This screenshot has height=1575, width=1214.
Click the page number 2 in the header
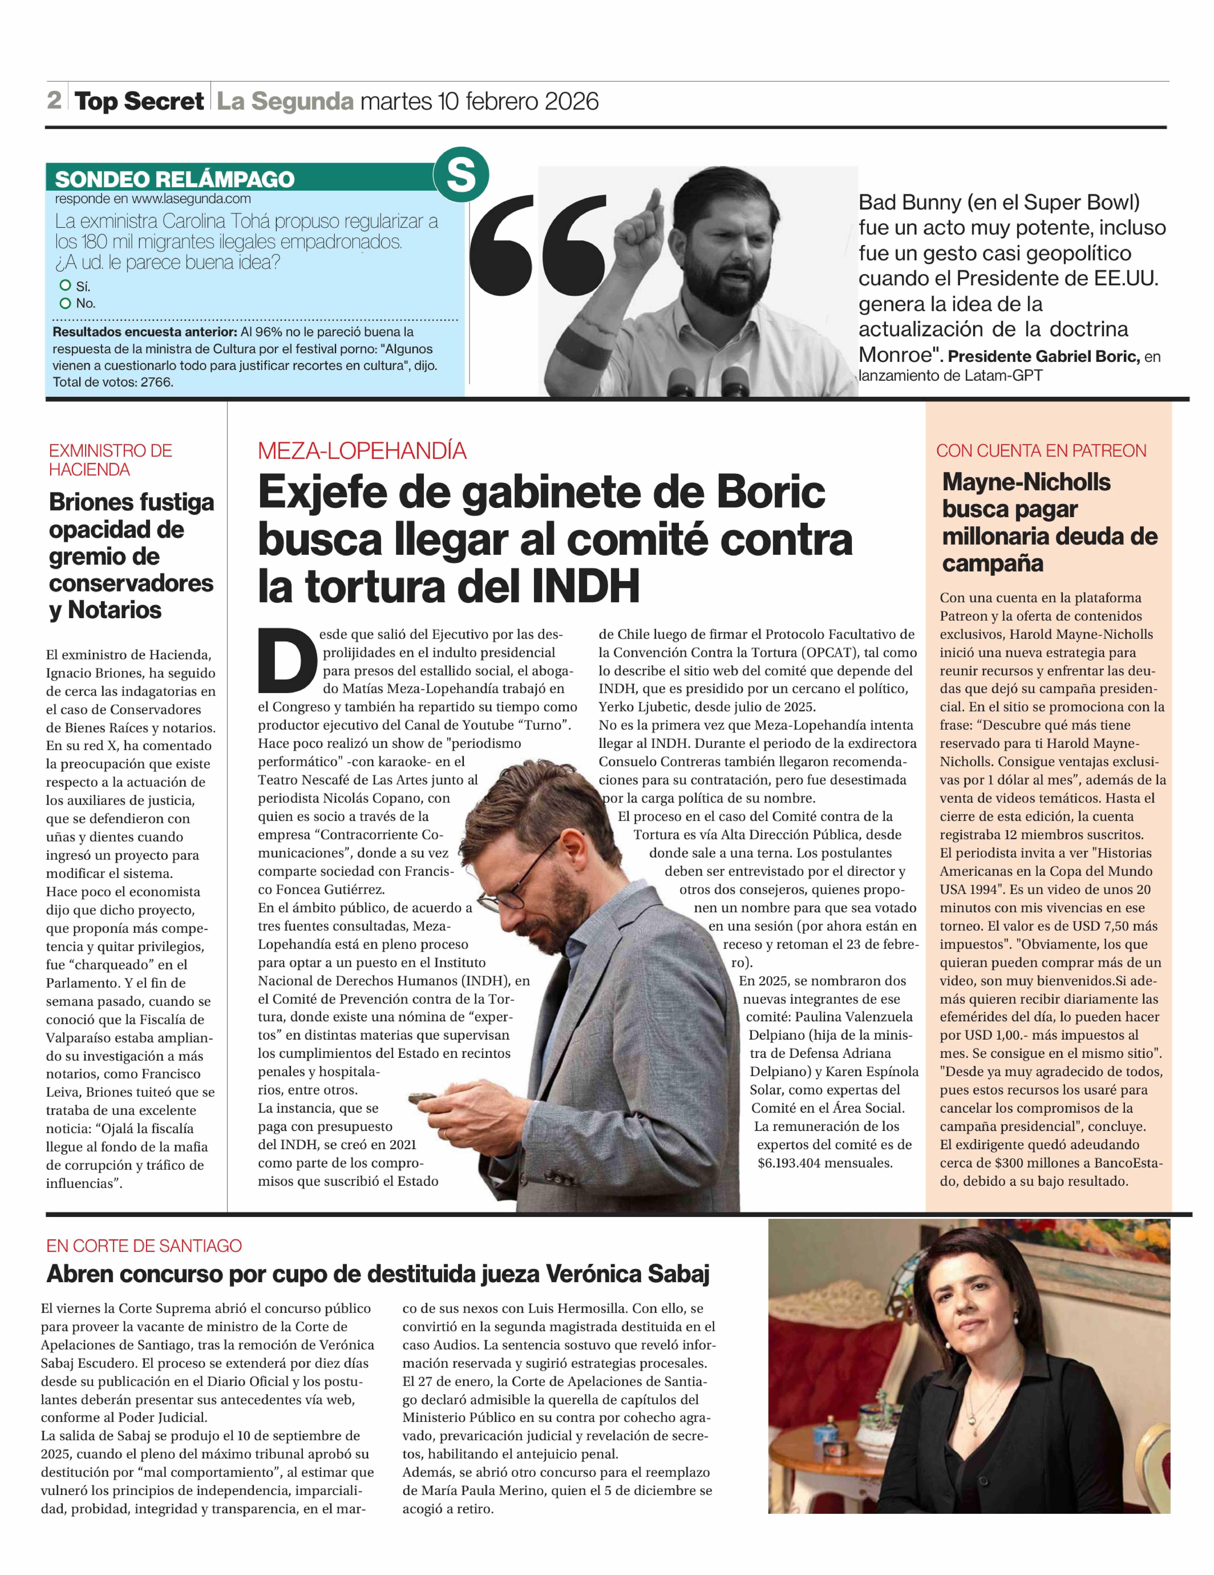click(54, 100)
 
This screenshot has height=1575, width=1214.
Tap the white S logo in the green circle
click(461, 174)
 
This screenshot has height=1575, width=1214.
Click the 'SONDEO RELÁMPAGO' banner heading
click(175, 179)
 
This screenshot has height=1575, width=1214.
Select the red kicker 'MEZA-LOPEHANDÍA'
click(362, 451)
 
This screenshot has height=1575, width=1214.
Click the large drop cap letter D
click(287, 660)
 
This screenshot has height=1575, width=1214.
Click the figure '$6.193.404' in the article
click(793, 1163)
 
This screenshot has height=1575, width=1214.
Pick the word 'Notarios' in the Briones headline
click(115, 610)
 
